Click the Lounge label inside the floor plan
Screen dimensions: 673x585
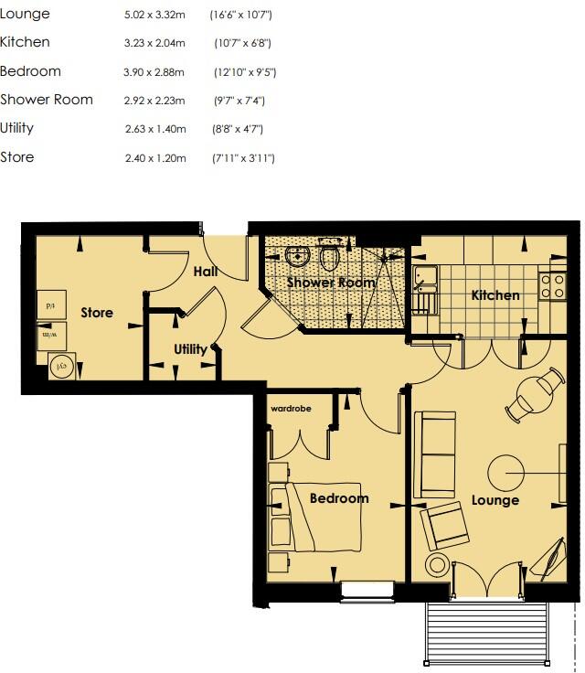click(495, 500)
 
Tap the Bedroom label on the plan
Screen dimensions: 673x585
click(338, 498)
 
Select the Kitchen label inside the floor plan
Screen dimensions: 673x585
click(495, 295)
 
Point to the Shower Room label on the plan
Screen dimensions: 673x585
click(331, 283)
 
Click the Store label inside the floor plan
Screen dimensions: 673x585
click(97, 313)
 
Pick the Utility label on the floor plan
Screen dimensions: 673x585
click(190, 349)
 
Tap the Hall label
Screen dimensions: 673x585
click(204, 272)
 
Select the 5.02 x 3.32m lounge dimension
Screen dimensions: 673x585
click(154, 16)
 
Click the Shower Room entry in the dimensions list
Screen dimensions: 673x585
click(47, 100)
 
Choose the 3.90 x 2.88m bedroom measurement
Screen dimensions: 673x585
click(154, 72)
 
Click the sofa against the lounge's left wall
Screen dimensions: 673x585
click(435, 454)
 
